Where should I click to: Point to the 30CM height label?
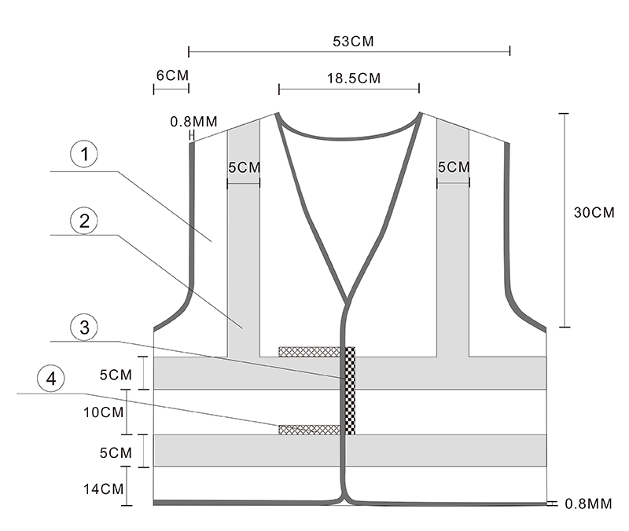point(594,212)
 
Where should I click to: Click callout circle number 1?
point(84,155)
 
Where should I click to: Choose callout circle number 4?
point(52,379)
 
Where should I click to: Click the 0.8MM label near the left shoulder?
point(193,122)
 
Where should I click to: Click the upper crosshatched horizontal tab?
point(311,351)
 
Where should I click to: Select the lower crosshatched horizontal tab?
point(309,429)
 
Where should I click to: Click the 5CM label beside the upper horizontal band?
point(115,374)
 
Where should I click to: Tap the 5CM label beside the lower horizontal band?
point(115,452)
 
